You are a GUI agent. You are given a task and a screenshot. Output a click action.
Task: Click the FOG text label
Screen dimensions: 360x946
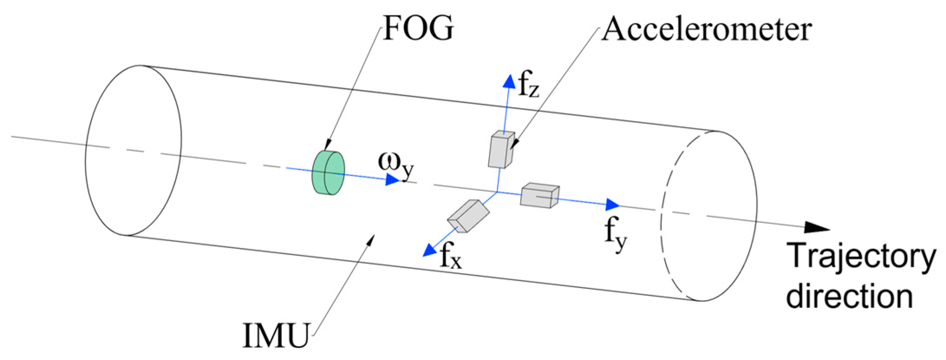(x=418, y=29)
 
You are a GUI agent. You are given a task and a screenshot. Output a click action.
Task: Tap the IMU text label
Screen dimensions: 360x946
(x=276, y=336)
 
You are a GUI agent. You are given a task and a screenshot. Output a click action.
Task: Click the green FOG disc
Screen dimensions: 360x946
(x=328, y=173)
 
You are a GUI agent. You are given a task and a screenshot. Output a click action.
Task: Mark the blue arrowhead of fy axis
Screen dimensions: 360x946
(x=612, y=204)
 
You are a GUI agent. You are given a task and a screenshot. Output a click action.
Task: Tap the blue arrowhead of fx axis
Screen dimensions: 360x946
(x=429, y=250)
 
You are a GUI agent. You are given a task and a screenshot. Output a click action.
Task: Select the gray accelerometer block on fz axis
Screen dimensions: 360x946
(x=501, y=149)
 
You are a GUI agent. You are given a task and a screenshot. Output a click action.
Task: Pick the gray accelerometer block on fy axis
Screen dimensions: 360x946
(x=539, y=196)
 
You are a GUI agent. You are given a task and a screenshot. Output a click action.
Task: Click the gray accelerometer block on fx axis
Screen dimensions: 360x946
(x=468, y=216)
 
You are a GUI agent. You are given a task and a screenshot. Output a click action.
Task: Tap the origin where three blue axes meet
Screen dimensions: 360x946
(x=497, y=191)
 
